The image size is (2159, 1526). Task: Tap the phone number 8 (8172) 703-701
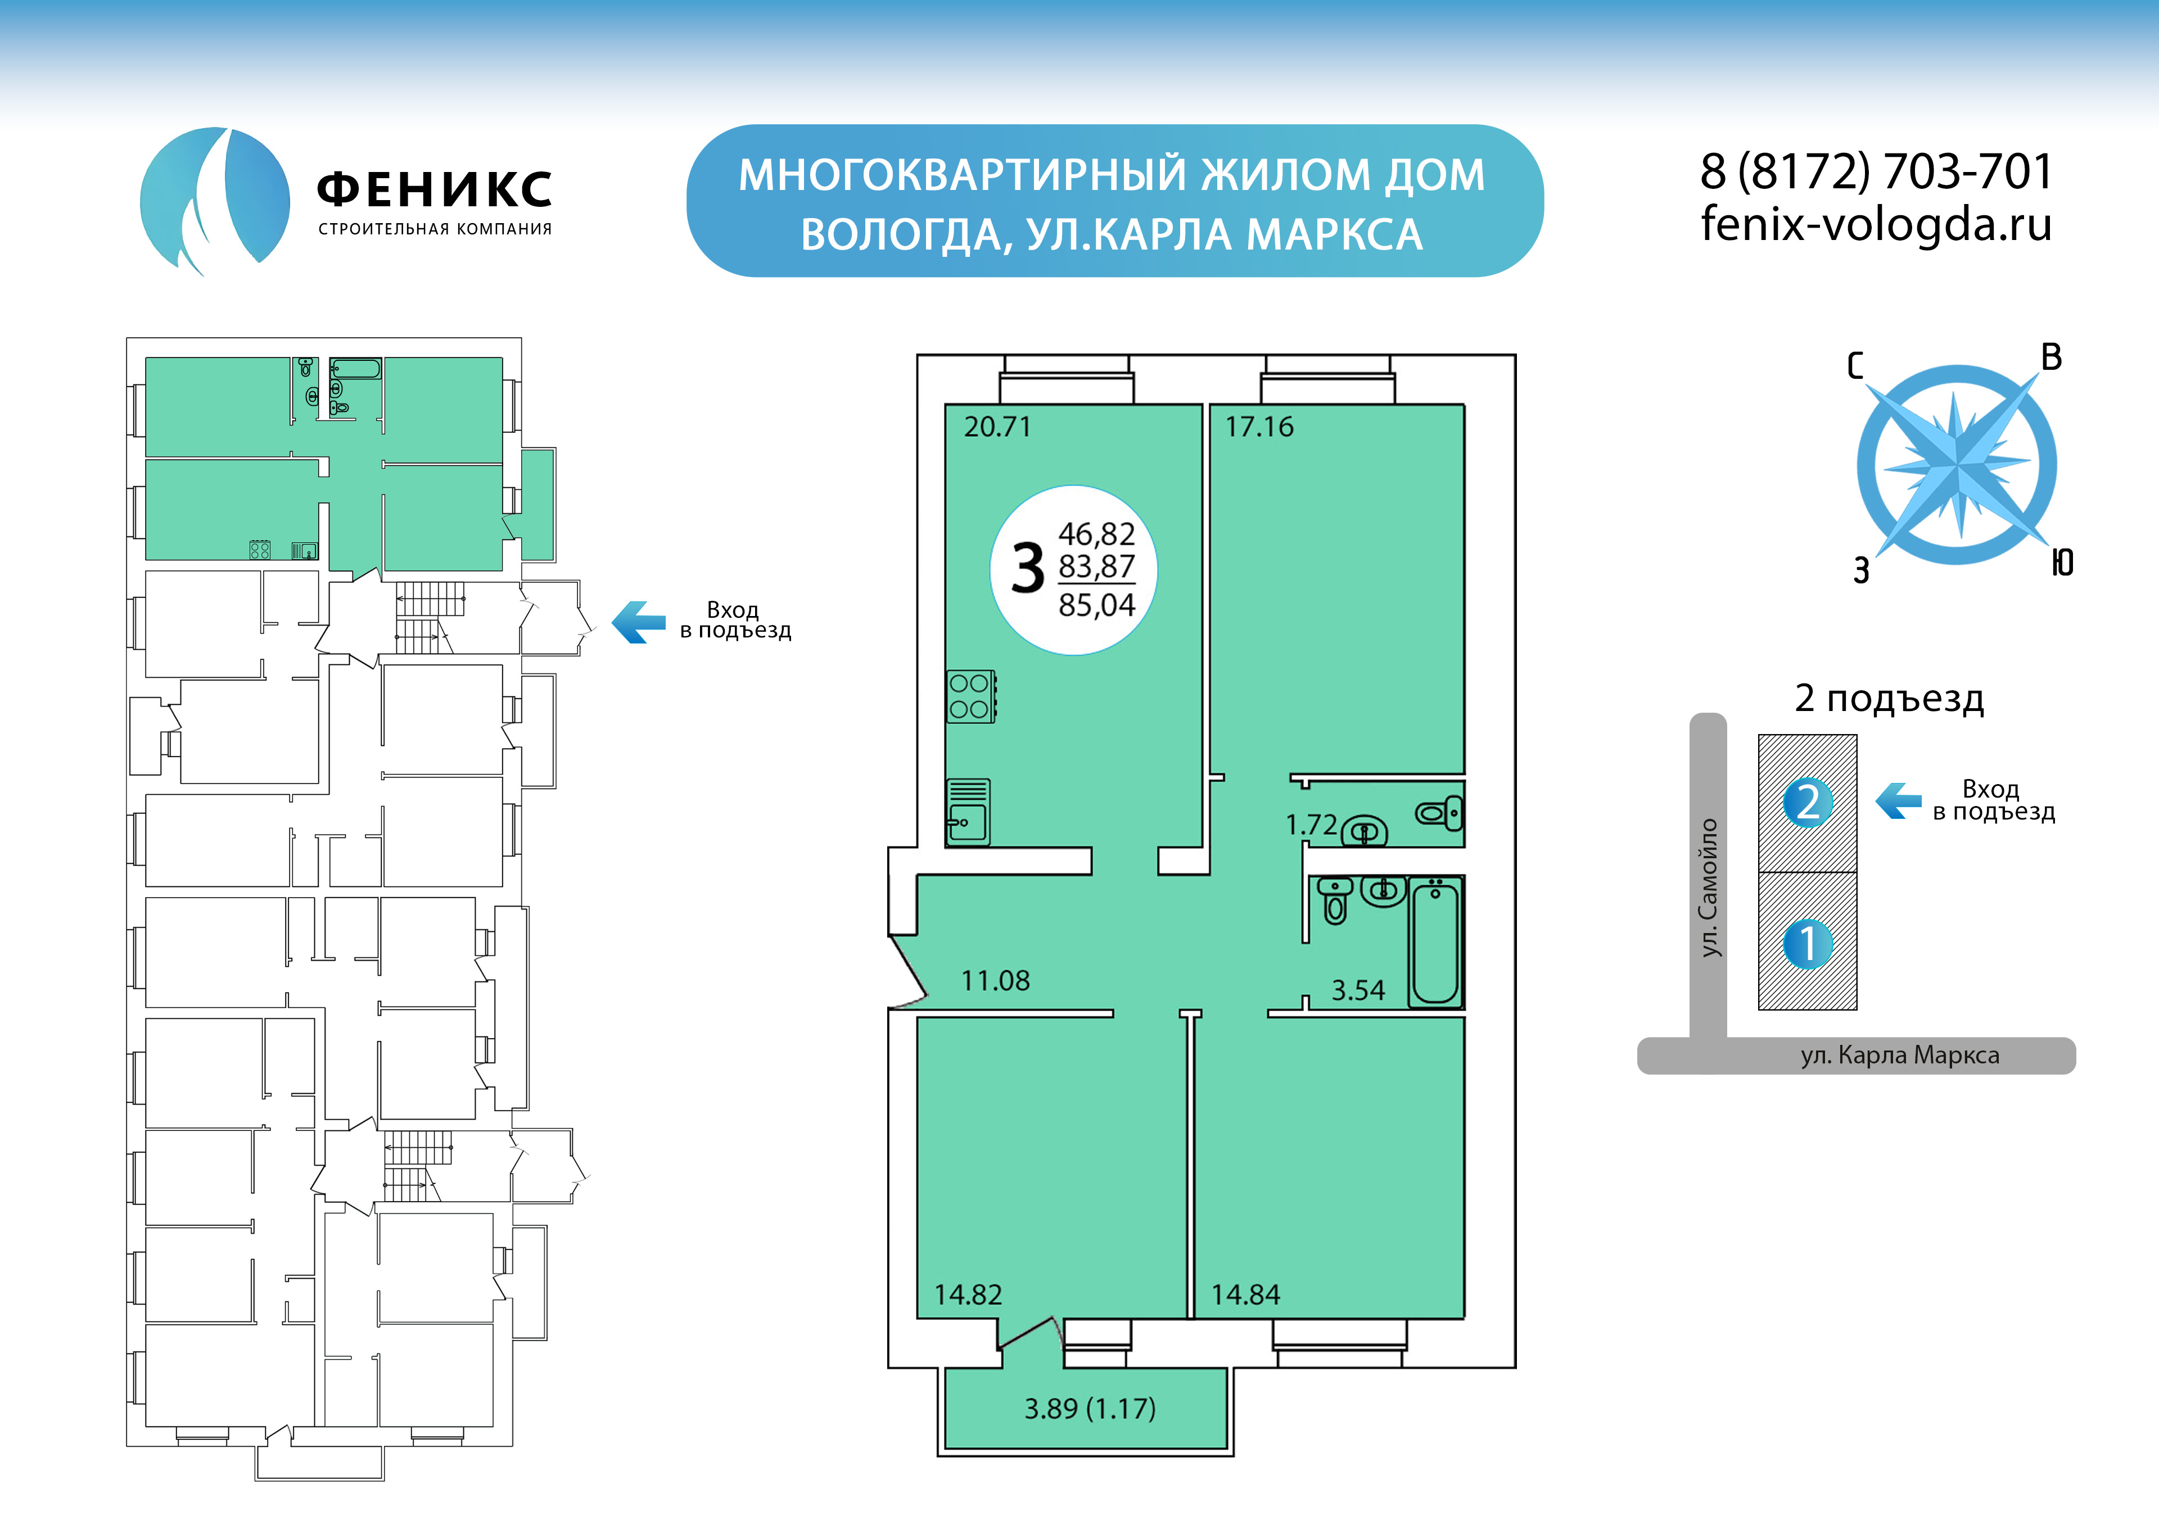click(x=1876, y=172)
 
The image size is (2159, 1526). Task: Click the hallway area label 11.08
click(x=995, y=981)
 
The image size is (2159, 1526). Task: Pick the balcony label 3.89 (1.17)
click(x=1090, y=1409)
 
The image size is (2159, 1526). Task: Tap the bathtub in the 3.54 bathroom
click(x=1435, y=942)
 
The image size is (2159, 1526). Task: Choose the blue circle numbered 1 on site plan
click(x=1807, y=944)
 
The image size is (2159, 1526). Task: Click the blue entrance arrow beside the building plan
click(x=639, y=622)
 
